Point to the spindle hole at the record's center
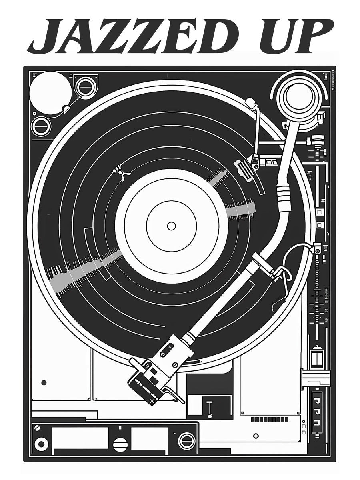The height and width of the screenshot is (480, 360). point(171,226)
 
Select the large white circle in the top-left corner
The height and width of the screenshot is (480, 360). point(50,92)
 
